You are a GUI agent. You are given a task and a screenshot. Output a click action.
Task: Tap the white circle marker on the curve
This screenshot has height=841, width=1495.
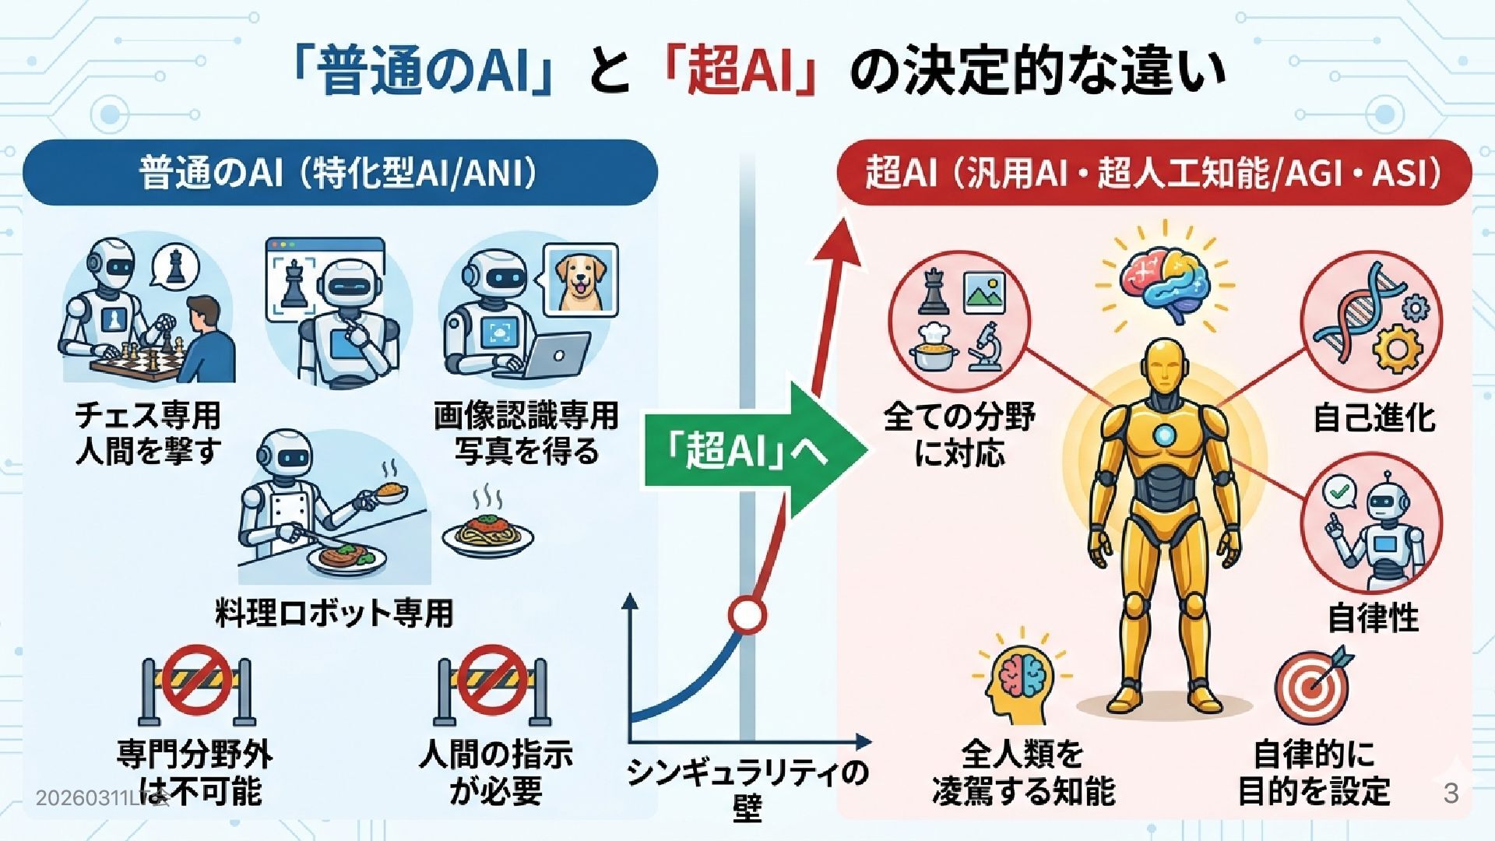[747, 615]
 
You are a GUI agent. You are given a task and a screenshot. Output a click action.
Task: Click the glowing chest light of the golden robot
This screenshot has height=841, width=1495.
[1163, 435]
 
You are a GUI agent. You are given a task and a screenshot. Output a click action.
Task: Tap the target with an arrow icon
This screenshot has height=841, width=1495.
[1313, 685]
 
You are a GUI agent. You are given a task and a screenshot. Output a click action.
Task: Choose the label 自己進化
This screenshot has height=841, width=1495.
[1374, 417]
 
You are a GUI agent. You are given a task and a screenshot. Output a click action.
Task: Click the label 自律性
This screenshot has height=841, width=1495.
[1374, 618]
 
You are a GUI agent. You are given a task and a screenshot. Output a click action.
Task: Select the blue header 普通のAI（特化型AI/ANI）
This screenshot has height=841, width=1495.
[339, 173]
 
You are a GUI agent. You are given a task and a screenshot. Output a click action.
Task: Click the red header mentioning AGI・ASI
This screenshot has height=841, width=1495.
[1153, 173]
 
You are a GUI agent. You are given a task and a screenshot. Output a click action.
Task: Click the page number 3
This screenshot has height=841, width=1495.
[1451, 793]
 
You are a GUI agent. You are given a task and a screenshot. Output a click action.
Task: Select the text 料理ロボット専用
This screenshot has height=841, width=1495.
[334, 613]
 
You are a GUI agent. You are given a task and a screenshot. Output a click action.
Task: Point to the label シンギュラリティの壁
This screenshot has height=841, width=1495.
[747, 788]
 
